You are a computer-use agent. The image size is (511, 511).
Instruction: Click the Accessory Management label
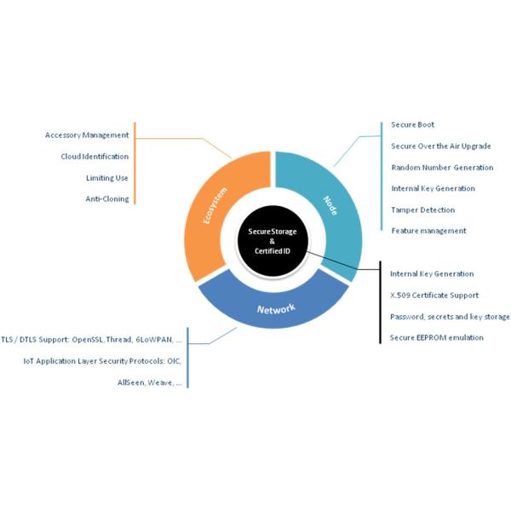86,135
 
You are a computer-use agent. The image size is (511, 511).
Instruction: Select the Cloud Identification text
95,157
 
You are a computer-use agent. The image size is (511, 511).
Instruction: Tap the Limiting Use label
106,178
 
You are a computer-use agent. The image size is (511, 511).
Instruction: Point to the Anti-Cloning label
106,199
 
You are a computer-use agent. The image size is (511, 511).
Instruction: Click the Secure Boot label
413,125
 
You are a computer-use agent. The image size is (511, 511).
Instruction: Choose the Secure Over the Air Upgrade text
440,146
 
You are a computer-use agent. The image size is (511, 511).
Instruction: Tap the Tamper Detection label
423,210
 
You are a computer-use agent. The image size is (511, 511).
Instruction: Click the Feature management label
428,231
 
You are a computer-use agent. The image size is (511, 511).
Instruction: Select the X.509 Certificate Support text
433,296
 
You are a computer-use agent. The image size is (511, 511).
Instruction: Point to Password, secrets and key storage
450,317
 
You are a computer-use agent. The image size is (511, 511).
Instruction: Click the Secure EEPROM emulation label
436,338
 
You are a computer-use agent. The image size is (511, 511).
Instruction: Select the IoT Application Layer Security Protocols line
102,361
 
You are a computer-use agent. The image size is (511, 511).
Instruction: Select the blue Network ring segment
276,306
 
